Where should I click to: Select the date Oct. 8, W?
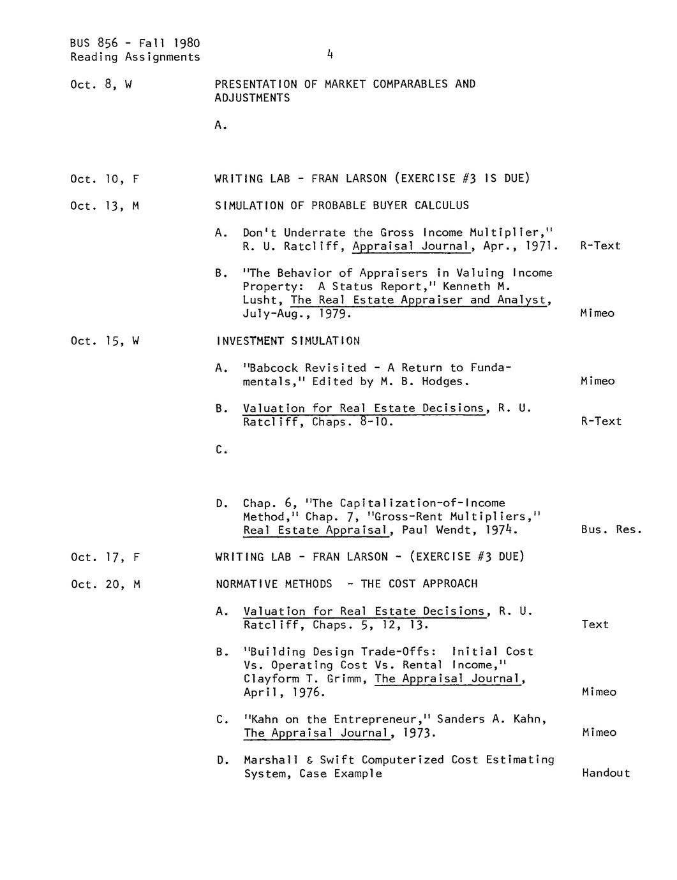point(101,84)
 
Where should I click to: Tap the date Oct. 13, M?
point(105,206)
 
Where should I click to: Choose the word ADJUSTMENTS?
point(252,98)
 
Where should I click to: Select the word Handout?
point(606,774)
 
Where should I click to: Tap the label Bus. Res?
point(611,529)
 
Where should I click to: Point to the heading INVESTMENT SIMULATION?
point(288,341)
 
